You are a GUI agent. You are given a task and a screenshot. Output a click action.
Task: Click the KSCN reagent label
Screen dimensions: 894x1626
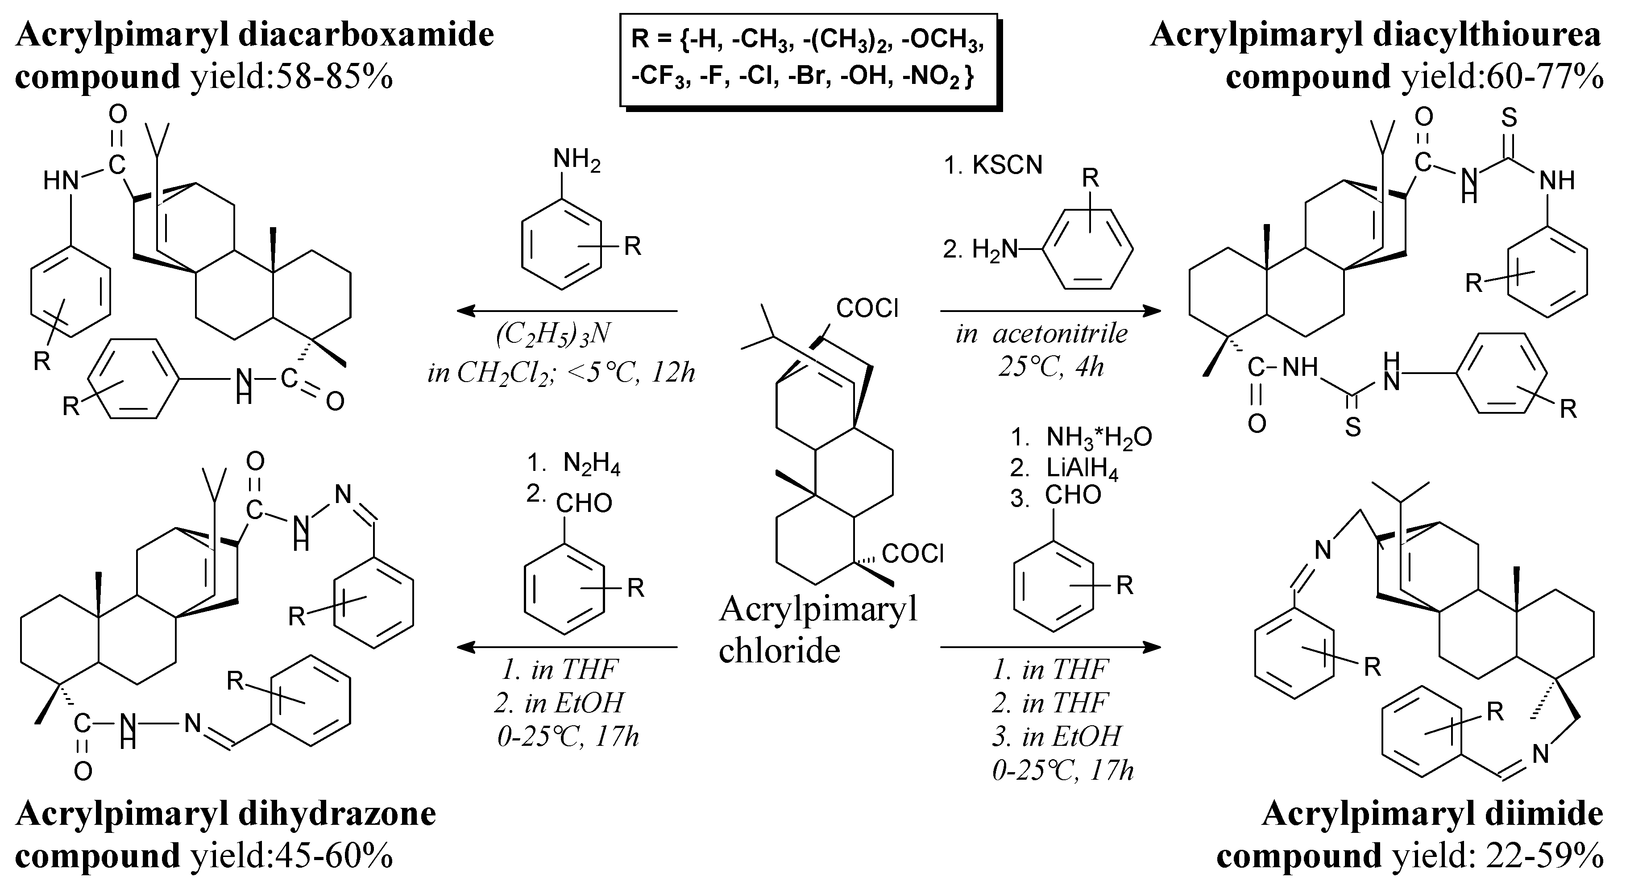1008,166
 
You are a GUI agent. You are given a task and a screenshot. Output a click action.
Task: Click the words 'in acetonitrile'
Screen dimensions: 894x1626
1042,334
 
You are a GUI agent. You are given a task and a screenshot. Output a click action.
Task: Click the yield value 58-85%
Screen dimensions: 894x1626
341,78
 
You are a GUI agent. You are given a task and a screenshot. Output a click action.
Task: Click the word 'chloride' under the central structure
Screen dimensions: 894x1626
780,650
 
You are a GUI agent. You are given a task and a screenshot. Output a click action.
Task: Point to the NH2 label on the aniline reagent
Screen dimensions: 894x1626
577,160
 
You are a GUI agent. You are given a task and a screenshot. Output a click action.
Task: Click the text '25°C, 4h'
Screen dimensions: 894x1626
1051,367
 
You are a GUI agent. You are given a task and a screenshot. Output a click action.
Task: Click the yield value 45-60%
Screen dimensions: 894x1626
341,857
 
